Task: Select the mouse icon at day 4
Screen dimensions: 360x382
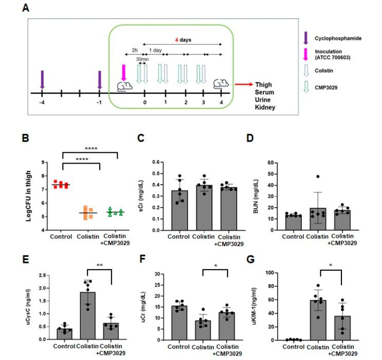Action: coord(221,84)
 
